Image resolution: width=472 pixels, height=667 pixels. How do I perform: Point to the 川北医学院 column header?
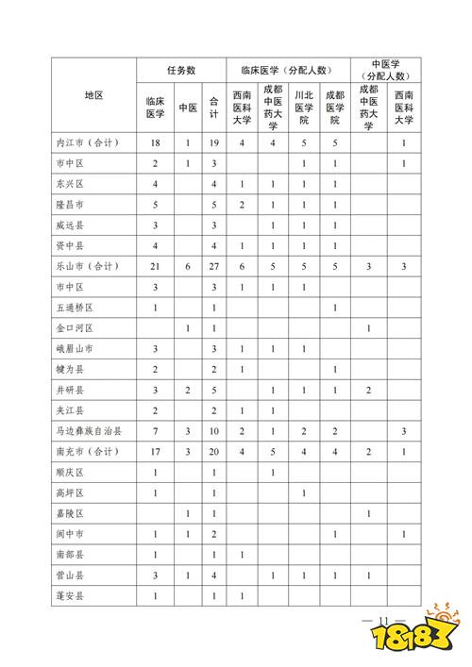303,108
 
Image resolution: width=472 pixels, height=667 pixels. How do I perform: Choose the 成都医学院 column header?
334,108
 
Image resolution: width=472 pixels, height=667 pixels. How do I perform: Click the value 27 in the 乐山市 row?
214,266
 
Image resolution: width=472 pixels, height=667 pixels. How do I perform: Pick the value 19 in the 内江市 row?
214,142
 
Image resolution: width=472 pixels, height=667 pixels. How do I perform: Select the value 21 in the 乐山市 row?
154,266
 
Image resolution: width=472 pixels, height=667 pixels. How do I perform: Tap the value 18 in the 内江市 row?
154,142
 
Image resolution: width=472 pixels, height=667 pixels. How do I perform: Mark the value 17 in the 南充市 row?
154,452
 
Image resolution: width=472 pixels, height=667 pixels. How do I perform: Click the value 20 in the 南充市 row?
214,452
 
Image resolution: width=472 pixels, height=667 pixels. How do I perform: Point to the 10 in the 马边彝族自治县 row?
214,431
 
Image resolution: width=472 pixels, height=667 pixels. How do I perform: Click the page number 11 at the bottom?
382,620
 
